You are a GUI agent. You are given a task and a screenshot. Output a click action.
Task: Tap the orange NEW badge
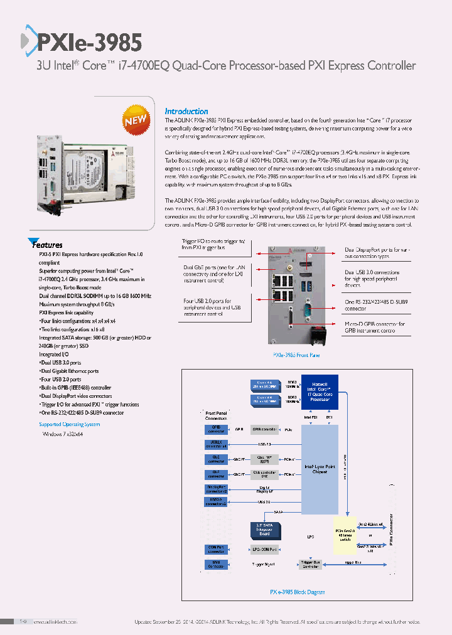click(135, 120)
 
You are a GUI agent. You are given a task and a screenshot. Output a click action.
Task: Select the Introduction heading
click(186, 111)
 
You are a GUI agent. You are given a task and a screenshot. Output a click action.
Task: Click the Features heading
click(48, 245)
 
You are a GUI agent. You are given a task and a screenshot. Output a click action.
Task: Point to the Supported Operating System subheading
click(69, 424)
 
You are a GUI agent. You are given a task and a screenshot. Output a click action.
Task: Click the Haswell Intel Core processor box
click(320, 392)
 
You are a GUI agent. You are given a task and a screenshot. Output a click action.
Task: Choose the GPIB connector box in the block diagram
click(216, 429)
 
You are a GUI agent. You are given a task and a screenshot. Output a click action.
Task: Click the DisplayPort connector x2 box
click(216, 489)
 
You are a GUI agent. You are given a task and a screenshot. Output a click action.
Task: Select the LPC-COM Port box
click(264, 549)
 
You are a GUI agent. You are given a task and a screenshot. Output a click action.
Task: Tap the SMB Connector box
click(216, 564)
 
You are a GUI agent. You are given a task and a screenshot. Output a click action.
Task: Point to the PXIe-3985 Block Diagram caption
click(297, 591)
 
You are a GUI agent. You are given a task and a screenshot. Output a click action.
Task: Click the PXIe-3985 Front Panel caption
click(296, 355)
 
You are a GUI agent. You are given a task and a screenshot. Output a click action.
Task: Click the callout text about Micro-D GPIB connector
click(374, 328)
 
